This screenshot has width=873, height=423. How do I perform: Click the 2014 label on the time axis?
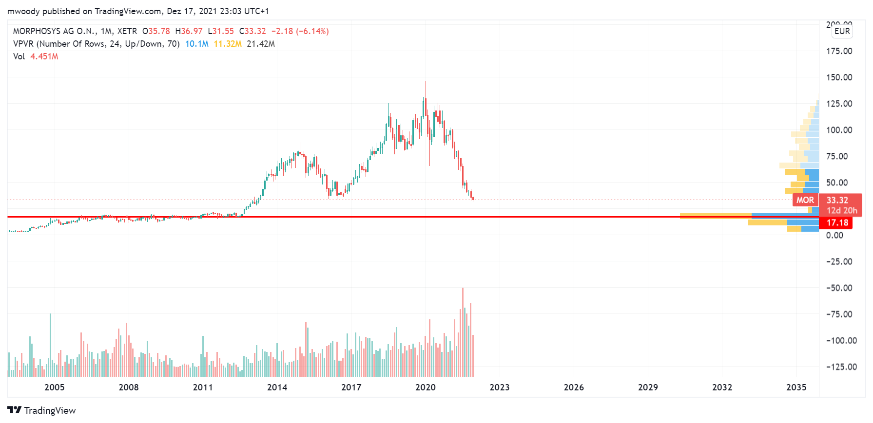tap(277, 387)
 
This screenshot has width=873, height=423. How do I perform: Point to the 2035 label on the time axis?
tap(796, 387)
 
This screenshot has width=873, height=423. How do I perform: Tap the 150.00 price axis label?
tap(839, 77)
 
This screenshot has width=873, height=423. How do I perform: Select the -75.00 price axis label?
tap(839, 314)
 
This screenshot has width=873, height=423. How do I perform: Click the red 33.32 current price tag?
tap(837, 200)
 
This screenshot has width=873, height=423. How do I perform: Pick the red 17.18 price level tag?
tap(837, 223)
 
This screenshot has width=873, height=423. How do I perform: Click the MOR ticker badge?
tap(805, 200)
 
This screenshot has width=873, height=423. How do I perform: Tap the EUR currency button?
tap(842, 31)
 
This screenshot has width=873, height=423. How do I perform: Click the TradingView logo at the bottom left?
tap(42, 410)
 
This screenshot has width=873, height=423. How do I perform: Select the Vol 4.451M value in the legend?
tap(44, 56)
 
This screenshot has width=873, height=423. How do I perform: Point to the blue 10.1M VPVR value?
tap(196, 44)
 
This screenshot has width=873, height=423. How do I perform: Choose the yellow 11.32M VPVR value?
tap(228, 44)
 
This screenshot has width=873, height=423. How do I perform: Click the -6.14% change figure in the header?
tap(314, 31)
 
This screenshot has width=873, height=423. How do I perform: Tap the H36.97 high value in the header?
tap(189, 31)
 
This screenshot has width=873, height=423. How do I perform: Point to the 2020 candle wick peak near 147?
tap(426, 82)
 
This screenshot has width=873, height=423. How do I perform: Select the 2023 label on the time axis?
tap(499, 387)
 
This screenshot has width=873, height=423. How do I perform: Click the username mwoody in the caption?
tap(23, 11)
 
